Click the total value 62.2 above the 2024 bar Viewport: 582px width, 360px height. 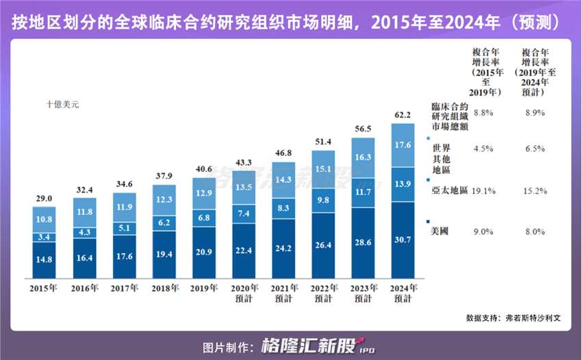[403, 115]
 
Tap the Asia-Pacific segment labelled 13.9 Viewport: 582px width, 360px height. [403, 185]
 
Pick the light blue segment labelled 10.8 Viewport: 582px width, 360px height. [44, 219]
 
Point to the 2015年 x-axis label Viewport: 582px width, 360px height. [44, 287]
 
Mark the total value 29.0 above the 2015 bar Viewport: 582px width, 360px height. [44, 198]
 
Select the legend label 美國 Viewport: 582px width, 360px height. [439, 232]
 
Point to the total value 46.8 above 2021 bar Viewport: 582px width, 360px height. [283, 154]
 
